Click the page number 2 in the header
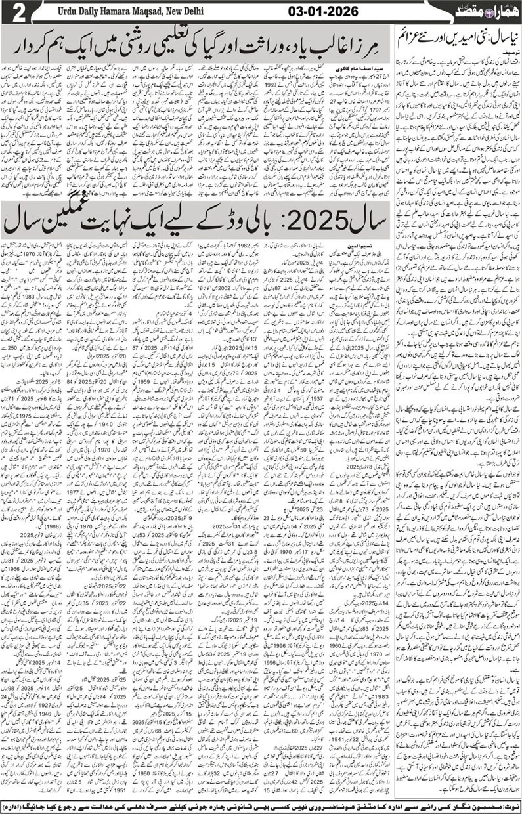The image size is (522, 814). tap(14, 12)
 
